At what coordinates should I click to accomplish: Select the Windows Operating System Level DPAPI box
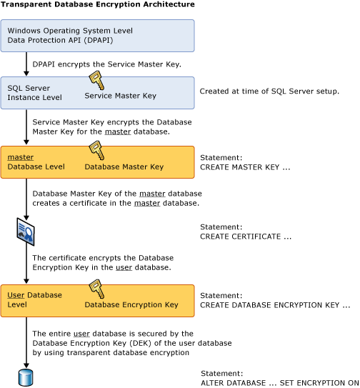(x=97, y=36)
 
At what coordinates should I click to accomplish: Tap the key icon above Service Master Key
(x=95, y=81)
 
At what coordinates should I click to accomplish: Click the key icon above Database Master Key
(x=95, y=150)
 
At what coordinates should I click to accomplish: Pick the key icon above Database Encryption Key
(x=95, y=289)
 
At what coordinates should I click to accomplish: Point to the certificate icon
(x=26, y=230)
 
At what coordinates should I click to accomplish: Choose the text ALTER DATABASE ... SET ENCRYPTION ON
(x=279, y=382)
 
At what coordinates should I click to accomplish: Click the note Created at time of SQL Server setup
(x=269, y=91)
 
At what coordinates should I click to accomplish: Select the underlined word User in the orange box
(x=16, y=295)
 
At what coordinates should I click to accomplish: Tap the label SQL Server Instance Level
(x=34, y=92)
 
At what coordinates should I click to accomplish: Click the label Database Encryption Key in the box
(x=131, y=305)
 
